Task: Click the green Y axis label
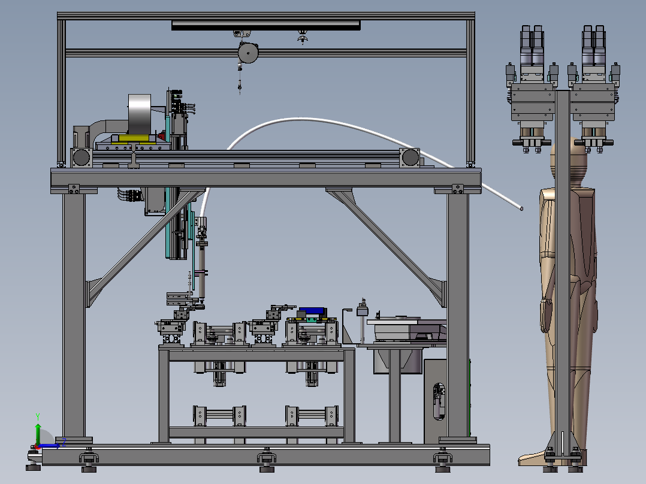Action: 38,416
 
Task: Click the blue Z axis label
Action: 64,443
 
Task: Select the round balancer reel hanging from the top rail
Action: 248,52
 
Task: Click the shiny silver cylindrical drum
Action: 140,114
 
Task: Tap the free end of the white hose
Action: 521,208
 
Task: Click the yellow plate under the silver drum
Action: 134,138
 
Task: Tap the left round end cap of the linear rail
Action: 81,158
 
